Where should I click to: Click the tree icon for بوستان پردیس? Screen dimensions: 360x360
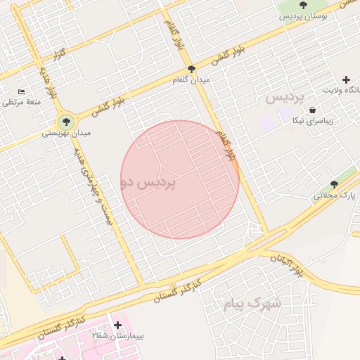tap(303, 5)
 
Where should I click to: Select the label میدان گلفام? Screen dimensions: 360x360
tap(191, 80)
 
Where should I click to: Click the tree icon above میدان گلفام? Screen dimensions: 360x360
tap(191, 69)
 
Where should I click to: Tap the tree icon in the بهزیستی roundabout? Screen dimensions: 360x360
tap(66, 122)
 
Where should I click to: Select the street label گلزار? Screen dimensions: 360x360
tap(59, 54)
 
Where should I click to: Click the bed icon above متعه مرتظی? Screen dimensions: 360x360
tap(22, 91)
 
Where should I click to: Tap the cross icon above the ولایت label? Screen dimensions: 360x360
tap(345, 79)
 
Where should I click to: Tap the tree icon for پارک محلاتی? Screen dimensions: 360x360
tap(334, 184)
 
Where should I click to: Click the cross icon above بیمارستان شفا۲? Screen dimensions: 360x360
tap(117, 325)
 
